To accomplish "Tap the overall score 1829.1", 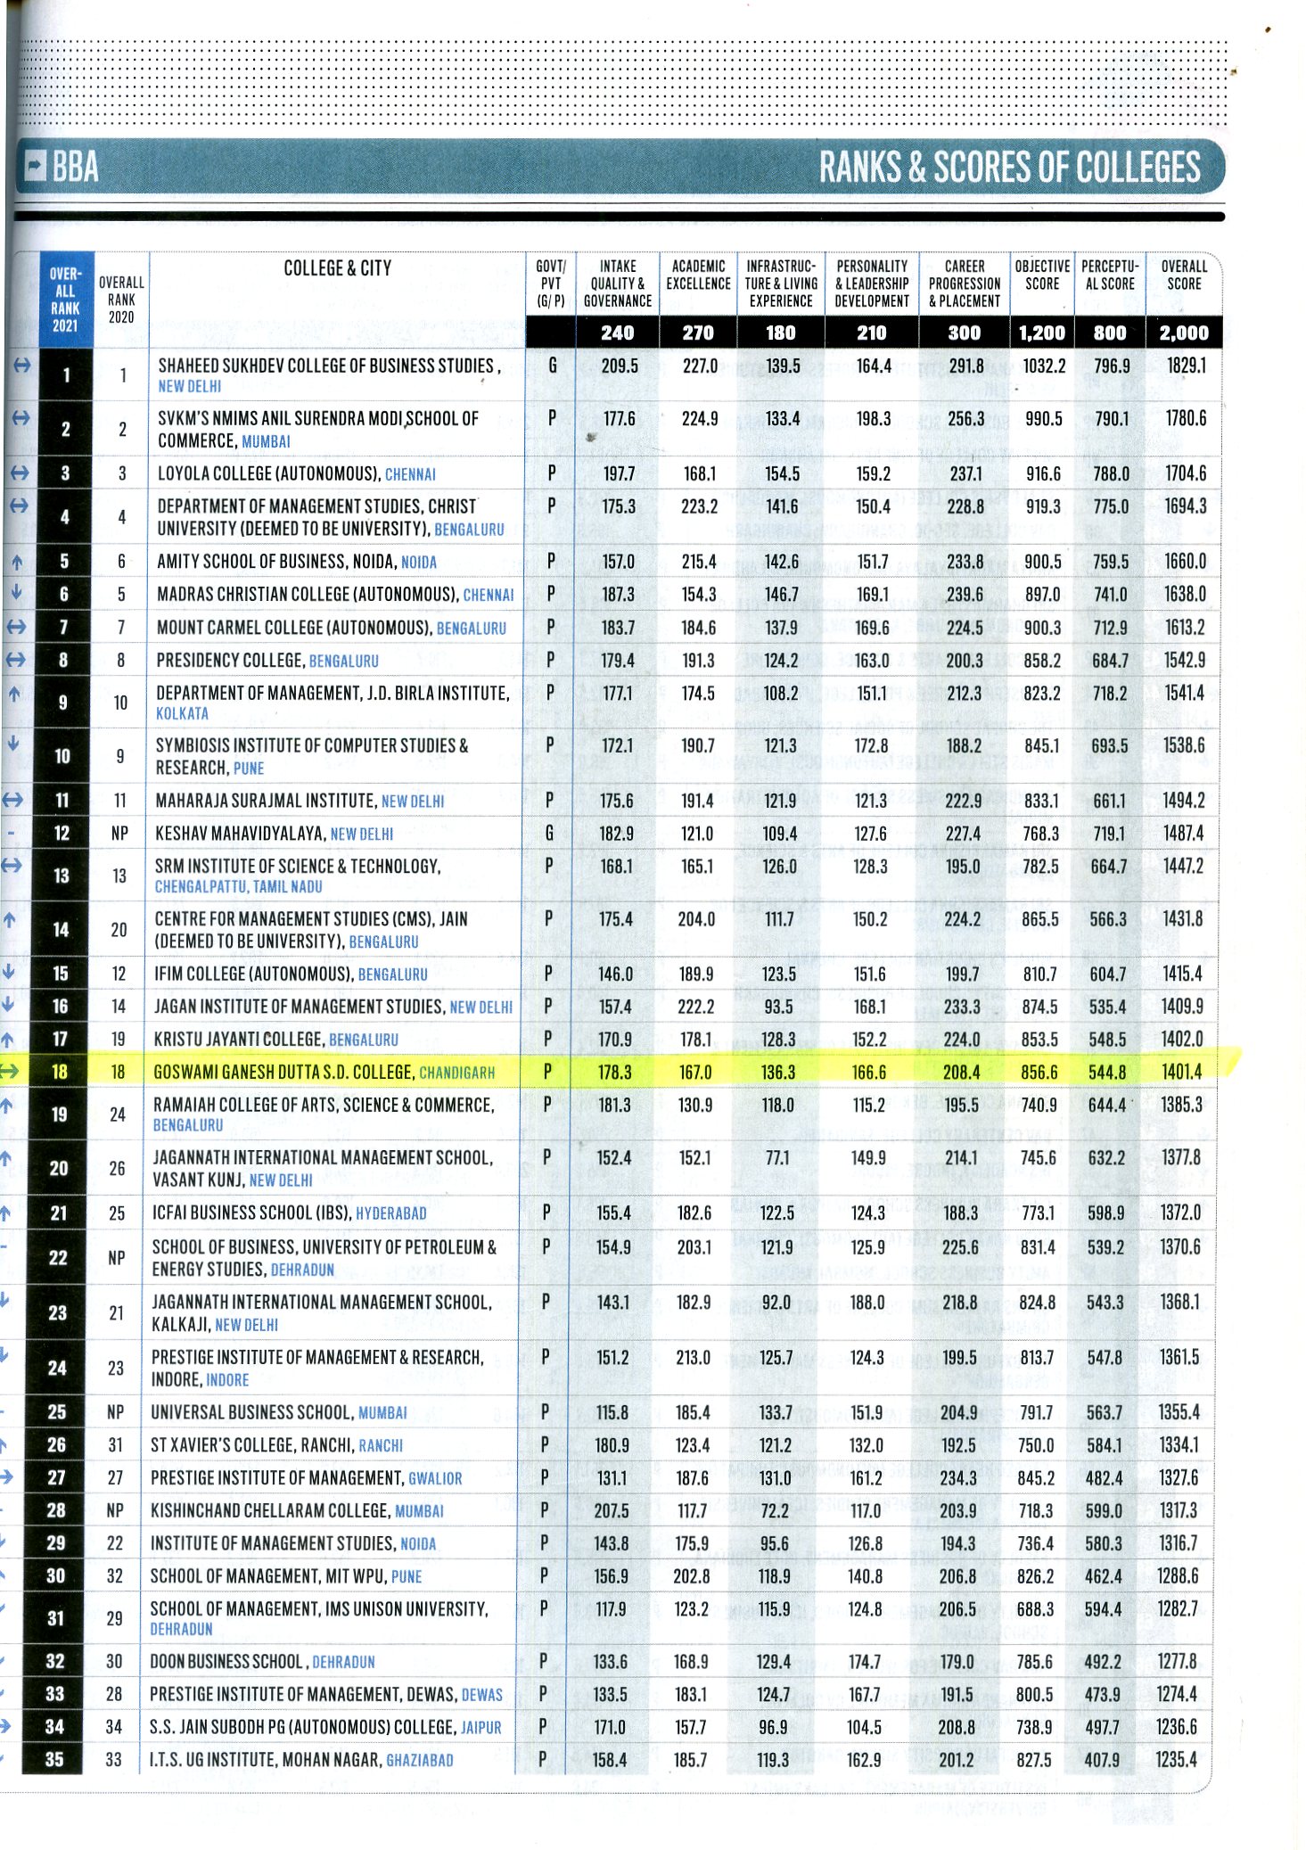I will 1186,366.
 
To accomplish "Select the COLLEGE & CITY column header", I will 337,268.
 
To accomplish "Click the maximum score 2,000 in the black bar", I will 1184,333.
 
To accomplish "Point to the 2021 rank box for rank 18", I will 60,1072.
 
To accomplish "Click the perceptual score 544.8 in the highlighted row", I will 1107,1072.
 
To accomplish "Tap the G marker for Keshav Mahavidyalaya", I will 549,833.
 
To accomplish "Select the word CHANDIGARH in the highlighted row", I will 456,1073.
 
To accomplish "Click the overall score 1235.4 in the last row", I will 1177,1759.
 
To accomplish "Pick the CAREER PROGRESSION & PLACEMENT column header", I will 965,284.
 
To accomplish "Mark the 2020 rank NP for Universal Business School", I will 115,1412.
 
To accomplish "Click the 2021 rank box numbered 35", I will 55,1759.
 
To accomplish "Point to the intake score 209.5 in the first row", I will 620,366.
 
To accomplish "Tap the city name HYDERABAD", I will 390,1213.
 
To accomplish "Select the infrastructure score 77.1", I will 777,1157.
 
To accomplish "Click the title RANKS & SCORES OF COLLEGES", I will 1009,168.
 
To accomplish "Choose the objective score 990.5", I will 1043,418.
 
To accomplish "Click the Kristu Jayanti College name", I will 238,1039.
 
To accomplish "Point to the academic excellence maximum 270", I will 697,333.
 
